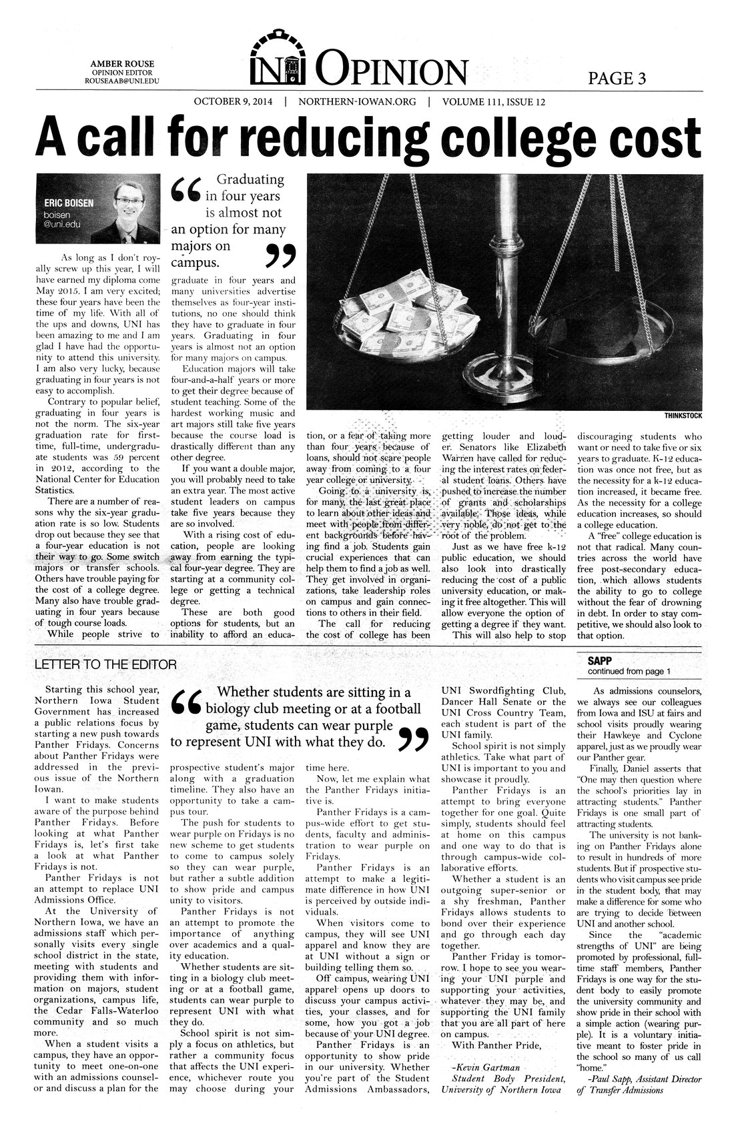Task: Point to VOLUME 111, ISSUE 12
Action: [x=494, y=102]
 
